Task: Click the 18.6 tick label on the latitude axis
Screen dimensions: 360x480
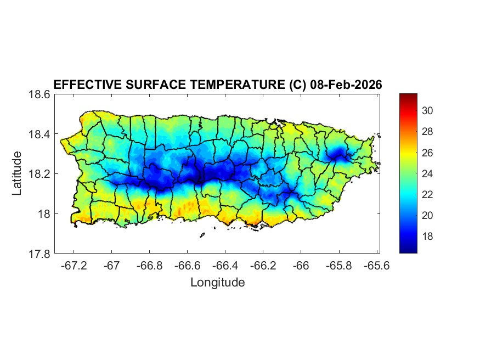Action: click(40, 94)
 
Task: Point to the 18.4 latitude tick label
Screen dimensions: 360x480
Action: click(40, 134)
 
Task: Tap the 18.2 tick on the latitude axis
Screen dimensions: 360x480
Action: click(40, 174)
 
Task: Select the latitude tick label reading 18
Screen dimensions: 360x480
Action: click(45, 214)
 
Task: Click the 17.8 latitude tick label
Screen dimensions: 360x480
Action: click(40, 254)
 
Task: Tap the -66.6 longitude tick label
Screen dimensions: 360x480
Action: click(187, 266)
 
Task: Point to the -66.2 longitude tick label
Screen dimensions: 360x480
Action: click(263, 266)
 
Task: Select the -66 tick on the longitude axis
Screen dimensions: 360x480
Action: click(301, 266)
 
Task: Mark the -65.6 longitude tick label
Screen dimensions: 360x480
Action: click(376, 266)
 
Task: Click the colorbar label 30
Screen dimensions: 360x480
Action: click(427, 111)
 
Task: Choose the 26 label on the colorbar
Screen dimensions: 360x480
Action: click(427, 153)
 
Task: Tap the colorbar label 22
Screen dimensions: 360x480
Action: click(427, 194)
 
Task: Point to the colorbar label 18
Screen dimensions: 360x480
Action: click(427, 236)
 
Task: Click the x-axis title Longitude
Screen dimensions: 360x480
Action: click(217, 283)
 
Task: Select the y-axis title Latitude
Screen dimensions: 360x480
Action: click(17, 173)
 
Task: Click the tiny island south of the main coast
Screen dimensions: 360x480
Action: click(202, 235)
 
